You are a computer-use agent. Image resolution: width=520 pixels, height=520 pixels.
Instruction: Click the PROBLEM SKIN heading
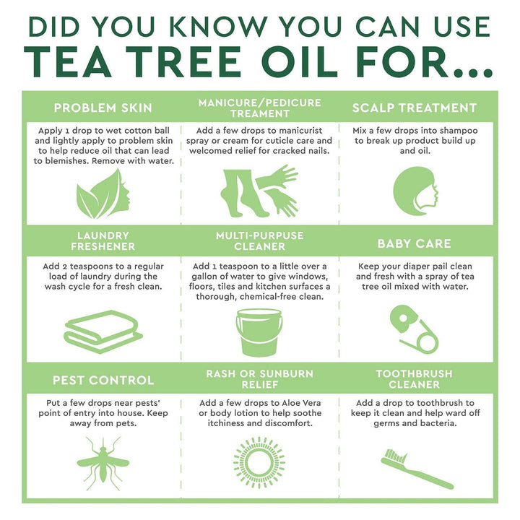(103, 108)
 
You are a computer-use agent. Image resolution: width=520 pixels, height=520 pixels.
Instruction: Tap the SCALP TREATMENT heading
(415, 108)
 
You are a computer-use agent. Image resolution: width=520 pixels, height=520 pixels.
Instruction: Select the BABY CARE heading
(414, 243)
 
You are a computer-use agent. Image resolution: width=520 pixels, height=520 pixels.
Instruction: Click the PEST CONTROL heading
(103, 380)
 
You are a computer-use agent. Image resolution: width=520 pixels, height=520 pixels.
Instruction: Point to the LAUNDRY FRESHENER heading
(103, 241)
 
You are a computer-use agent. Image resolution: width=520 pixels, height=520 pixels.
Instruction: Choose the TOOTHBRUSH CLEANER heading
(414, 379)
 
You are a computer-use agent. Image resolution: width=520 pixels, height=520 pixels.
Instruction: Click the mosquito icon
(103, 462)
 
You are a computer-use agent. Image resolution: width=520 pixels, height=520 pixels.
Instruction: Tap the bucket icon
(259, 331)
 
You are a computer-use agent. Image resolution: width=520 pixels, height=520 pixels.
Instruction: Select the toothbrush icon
(417, 468)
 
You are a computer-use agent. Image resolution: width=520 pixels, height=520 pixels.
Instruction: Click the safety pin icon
(412, 329)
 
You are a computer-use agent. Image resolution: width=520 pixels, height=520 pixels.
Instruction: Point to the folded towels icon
(103, 332)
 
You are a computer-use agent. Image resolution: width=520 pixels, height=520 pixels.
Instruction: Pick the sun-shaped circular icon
(259, 462)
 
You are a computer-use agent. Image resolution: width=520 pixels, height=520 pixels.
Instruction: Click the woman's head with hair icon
(414, 193)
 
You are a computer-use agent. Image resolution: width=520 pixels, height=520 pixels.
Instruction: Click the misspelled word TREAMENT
(259, 113)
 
